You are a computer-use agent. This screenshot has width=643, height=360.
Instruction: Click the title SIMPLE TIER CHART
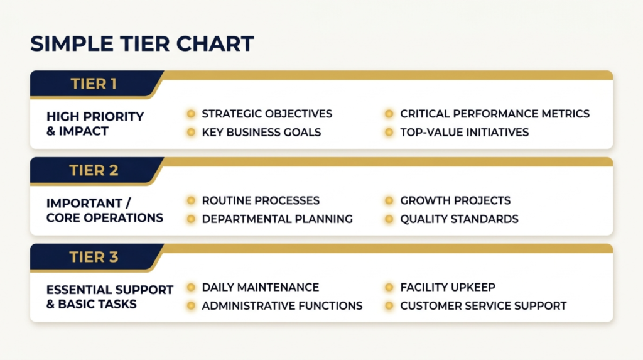(142, 43)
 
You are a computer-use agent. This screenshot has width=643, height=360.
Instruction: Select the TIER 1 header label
(94, 84)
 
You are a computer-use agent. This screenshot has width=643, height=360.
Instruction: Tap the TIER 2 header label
(94, 170)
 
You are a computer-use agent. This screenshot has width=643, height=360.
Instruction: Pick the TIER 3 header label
(94, 257)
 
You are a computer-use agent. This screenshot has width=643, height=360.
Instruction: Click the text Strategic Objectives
(267, 114)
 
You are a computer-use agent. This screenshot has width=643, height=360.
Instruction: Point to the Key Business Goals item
(261, 133)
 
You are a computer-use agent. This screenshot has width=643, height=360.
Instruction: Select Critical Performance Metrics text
(495, 114)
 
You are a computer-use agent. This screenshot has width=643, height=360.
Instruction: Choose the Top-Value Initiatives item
(464, 133)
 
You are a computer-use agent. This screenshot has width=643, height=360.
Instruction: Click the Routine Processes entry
(261, 200)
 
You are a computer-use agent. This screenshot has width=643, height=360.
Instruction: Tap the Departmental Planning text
(277, 219)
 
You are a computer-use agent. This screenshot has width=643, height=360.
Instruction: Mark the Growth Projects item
(455, 200)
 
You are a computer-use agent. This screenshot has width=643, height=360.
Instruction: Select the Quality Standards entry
(459, 219)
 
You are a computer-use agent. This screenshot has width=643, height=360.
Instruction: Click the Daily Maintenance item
(260, 287)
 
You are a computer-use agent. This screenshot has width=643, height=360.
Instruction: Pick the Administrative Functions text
(282, 306)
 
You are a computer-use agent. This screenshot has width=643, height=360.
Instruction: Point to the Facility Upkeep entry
(448, 287)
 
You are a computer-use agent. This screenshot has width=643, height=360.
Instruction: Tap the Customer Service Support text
(483, 306)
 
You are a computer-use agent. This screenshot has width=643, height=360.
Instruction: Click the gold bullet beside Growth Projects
(389, 200)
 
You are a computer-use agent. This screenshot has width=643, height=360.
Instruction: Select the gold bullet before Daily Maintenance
(190, 287)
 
